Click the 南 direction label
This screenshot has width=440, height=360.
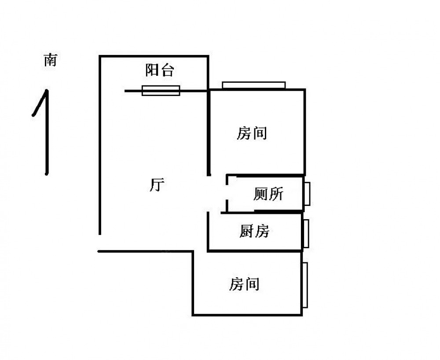click(50, 60)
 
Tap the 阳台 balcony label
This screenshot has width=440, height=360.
click(159, 70)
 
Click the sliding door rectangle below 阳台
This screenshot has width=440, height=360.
click(161, 90)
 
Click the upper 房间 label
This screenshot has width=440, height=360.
click(252, 133)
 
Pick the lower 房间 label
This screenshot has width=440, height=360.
click(244, 284)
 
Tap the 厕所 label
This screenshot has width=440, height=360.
click(268, 194)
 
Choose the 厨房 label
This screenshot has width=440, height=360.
click(254, 231)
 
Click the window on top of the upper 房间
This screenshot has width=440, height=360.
click(254, 85)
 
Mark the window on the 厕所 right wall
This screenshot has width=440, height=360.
click(308, 194)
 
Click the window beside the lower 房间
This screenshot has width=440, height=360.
click(304, 285)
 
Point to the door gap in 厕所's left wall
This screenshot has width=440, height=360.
click(227, 194)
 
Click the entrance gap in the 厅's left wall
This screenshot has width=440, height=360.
click(99, 242)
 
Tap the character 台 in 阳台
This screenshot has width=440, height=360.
click(167, 70)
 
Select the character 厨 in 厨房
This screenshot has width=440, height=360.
click(246, 231)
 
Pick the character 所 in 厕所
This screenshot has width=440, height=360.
click(276, 194)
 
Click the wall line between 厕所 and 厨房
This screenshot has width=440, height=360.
click(264, 213)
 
